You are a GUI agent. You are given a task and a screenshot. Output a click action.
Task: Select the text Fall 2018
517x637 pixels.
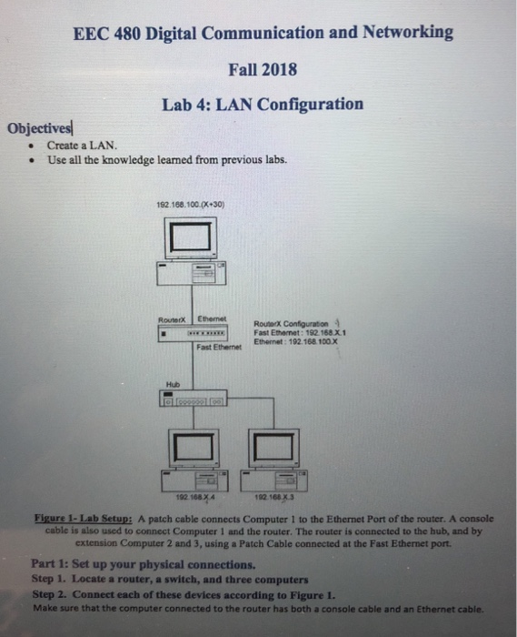click(263, 69)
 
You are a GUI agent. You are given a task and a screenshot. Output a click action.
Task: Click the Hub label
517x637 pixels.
click(172, 384)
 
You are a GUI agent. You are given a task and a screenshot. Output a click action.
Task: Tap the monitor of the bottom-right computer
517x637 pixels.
click(273, 446)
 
